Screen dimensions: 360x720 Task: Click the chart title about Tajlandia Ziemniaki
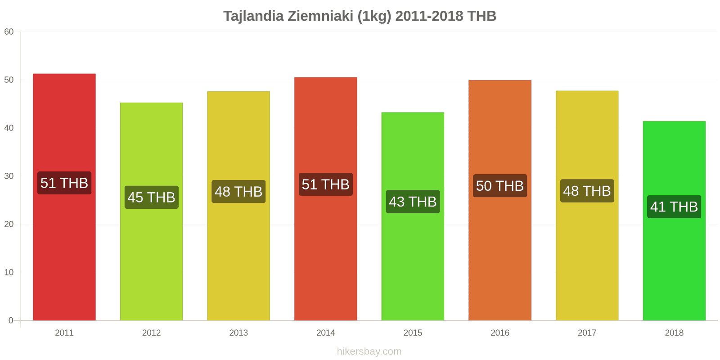(360, 16)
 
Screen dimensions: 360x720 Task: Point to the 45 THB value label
(151, 197)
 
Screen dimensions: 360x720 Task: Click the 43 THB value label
(413, 202)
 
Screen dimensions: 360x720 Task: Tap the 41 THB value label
(674, 207)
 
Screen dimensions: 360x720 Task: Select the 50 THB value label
(499, 186)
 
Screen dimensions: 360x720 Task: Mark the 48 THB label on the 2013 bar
(238, 192)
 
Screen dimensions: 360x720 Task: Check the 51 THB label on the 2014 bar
(325, 184)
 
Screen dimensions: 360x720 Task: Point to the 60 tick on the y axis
(9, 32)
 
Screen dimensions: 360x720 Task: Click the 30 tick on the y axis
(9, 176)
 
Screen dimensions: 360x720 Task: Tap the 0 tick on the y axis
(11, 321)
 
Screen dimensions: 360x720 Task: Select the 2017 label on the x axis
(587, 333)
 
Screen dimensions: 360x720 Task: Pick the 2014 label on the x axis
(325, 333)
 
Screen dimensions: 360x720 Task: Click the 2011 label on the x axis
(64, 333)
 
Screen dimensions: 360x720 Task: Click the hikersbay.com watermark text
(369, 351)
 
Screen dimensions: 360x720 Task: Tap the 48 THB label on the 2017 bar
(587, 191)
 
